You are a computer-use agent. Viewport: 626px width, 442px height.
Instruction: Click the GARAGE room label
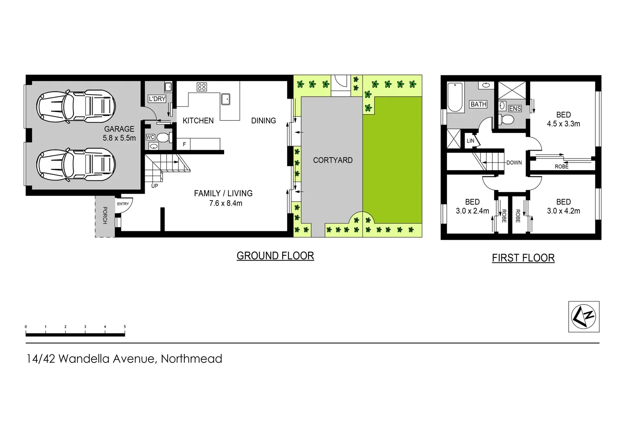119,129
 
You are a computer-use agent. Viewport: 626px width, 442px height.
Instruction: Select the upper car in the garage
76,106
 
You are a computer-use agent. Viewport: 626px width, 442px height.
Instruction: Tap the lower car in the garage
76,165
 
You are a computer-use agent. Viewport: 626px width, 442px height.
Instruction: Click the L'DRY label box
157,99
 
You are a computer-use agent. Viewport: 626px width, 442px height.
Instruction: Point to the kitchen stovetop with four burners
202,87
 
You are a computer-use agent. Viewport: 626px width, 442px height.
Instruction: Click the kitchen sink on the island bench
225,99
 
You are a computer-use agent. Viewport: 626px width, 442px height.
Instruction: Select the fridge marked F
184,144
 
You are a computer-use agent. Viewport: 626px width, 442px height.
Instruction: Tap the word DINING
263,121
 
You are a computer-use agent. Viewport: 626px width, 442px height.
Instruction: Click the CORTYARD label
333,160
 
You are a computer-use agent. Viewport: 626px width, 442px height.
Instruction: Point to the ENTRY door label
123,204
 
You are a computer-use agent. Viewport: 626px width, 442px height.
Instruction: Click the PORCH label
105,215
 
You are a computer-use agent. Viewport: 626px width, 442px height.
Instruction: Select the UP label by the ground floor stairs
154,186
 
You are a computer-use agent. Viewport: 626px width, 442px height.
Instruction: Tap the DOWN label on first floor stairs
514,162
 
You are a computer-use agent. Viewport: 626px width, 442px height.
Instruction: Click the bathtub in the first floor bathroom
455,97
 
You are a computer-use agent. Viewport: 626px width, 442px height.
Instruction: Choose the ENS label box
515,108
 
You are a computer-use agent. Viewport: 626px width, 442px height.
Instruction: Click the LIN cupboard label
470,141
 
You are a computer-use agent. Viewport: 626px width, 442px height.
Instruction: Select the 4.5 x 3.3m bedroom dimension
563,124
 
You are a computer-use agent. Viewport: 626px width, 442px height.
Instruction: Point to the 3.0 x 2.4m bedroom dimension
472,211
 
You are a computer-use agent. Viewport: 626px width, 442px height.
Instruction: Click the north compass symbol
583,316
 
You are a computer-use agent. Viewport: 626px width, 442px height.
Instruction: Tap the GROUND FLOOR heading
275,256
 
